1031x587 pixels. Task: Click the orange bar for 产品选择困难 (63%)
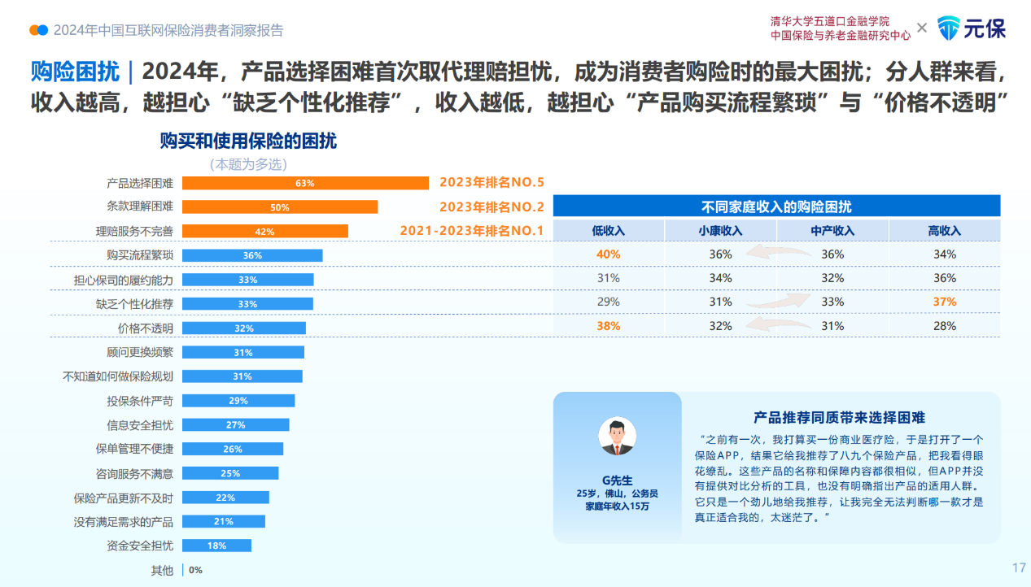[305, 183]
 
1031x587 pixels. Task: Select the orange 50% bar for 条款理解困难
[280, 207]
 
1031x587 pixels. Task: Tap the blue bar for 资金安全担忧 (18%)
[216, 546]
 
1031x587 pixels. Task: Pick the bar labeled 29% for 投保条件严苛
[238, 401]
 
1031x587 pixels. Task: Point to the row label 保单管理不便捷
[134, 449]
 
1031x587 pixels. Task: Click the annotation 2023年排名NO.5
[491, 183]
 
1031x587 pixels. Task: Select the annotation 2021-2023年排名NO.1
[471, 231]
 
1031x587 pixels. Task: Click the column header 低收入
[608, 231]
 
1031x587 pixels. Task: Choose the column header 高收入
[944, 231]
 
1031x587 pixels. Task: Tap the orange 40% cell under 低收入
[608, 254]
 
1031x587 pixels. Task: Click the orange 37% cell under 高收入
[944, 302]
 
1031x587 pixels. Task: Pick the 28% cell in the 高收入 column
[944, 326]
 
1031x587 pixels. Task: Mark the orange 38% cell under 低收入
[608, 326]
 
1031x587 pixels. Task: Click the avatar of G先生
[617, 436]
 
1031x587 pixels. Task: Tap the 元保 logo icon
[949, 28]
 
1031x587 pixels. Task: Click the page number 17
[1018, 567]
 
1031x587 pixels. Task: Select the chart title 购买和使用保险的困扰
[248, 141]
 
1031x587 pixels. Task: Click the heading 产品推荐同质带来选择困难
[840, 418]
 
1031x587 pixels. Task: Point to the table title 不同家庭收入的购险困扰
[776, 207]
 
